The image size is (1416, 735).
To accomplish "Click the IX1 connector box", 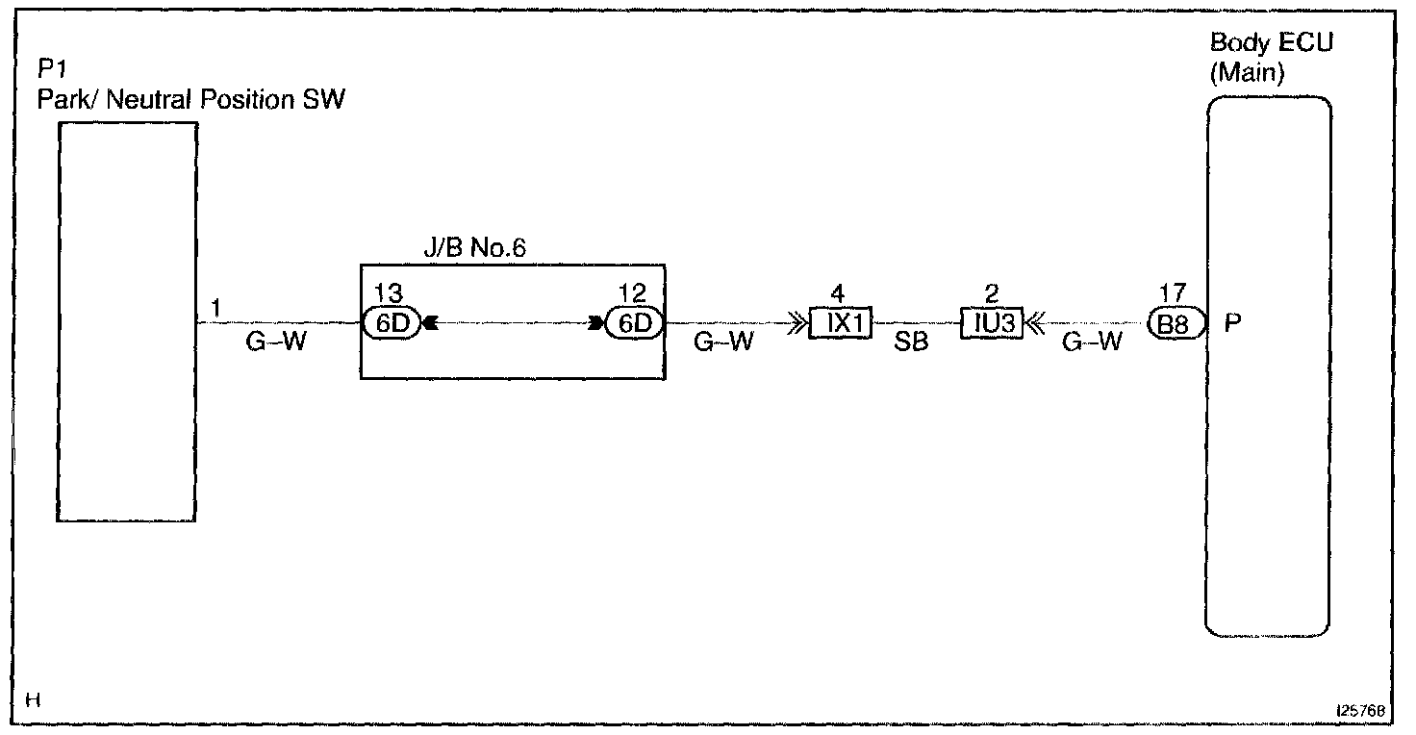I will pyautogui.click(x=842, y=325).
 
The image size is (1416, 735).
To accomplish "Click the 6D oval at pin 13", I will pyautogui.click(x=392, y=324).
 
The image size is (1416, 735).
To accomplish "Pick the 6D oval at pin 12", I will pyautogui.click(x=635, y=324).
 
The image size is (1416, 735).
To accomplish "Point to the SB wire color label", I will pyautogui.click(x=911, y=342).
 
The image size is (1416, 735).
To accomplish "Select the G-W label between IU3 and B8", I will pyautogui.click(x=1091, y=342).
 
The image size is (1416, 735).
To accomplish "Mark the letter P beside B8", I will pyautogui.click(x=1231, y=324).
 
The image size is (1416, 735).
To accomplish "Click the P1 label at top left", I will pyautogui.click(x=50, y=69).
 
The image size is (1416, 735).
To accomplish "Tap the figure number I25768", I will pyautogui.click(x=1358, y=710).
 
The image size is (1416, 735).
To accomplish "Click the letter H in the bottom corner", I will pyautogui.click(x=32, y=701).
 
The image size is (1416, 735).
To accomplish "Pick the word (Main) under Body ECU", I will pyautogui.click(x=1247, y=74).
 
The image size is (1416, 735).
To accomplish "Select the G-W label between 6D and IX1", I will pyautogui.click(x=722, y=342).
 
